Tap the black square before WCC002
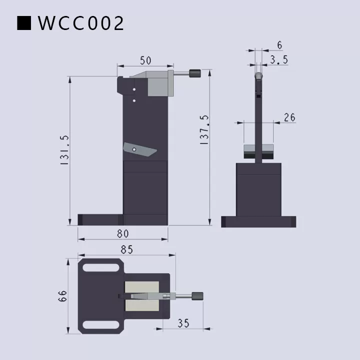point(24,23)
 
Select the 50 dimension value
point(145,60)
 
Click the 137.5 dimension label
point(204,130)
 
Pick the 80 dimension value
point(123,233)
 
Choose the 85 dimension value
point(126,248)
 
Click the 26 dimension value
point(289,117)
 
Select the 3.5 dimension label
point(278,60)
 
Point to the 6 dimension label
point(279,45)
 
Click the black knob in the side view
point(195,74)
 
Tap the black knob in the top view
point(198,296)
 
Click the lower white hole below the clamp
point(134,100)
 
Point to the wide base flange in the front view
point(258,221)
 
